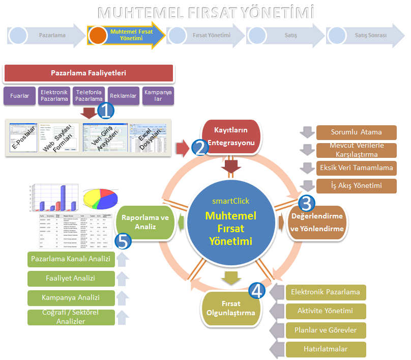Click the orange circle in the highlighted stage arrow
(x=98, y=35)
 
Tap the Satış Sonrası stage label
(x=370, y=36)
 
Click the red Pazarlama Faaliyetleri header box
(x=89, y=73)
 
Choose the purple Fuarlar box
(x=19, y=96)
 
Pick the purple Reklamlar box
(x=123, y=96)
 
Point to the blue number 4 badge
(x=257, y=291)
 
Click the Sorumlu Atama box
(x=356, y=132)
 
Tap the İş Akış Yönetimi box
(x=356, y=185)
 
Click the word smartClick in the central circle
(x=231, y=201)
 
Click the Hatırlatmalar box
(x=326, y=350)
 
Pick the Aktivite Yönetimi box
(x=326, y=311)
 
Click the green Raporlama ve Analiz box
(x=145, y=223)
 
